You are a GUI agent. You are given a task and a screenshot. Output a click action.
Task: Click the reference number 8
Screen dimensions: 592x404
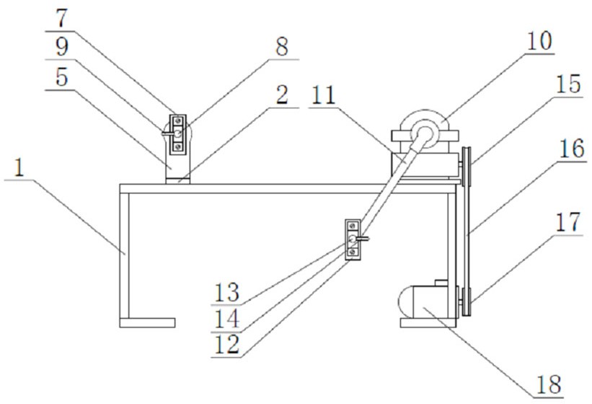(280, 48)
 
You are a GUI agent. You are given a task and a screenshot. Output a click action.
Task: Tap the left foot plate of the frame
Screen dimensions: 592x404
(147, 322)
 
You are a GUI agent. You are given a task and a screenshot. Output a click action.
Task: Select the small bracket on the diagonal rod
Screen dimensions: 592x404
(353, 238)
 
